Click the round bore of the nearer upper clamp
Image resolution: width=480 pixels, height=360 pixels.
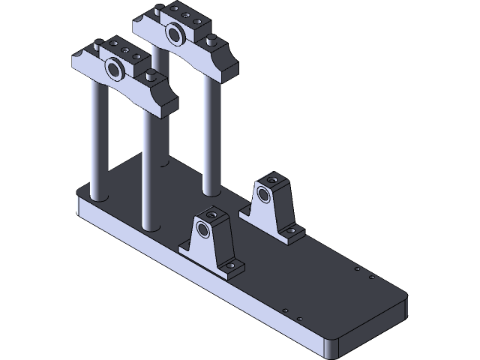click(115, 70)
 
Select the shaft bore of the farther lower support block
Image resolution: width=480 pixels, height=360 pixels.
click(264, 194)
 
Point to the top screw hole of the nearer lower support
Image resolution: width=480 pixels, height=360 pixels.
click(213, 215)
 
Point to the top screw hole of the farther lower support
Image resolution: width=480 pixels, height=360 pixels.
click(273, 180)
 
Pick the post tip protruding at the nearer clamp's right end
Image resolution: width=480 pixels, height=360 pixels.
click(152, 74)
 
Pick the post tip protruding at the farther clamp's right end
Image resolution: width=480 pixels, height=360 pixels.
click(212, 38)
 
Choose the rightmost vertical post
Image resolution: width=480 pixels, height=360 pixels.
click(211, 135)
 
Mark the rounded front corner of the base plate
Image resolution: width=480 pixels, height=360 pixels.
click(330, 347)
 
